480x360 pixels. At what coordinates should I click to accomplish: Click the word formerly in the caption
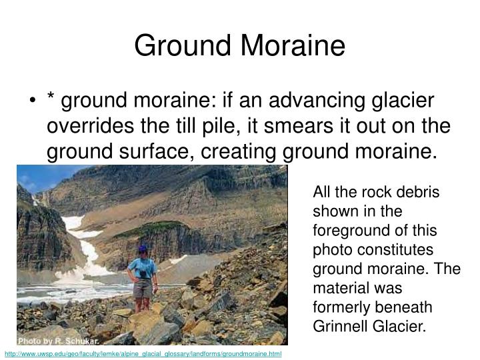click(337, 307)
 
